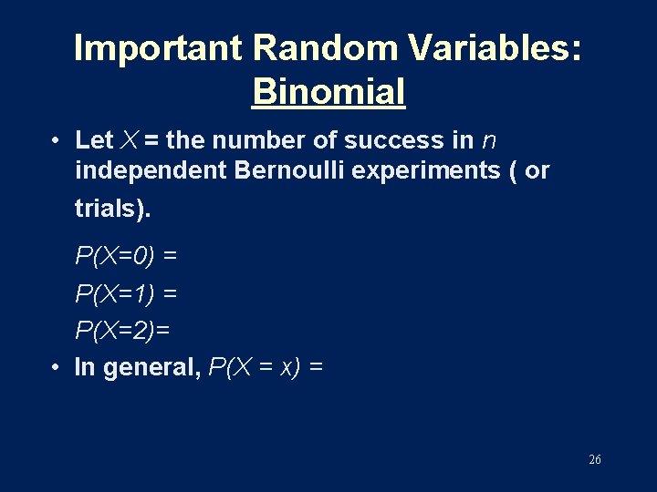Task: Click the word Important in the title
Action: [159, 48]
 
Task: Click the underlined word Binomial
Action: [328, 91]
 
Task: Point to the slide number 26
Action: [595, 460]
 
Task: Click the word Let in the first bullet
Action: [94, 140]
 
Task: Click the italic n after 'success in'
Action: [488, 141]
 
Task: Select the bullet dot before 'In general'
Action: [57, 367]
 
